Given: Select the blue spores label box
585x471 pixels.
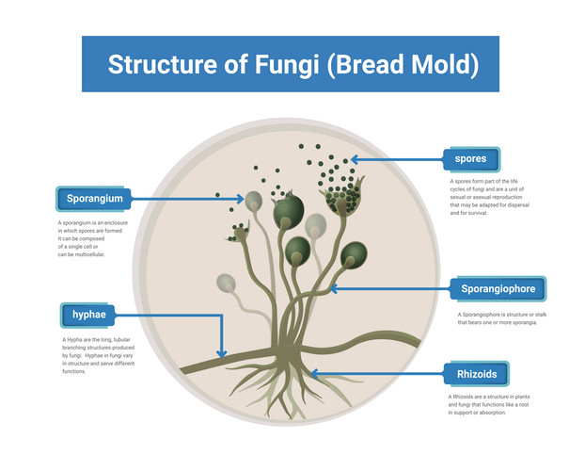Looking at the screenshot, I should pyautogui.click(x=470, y=159).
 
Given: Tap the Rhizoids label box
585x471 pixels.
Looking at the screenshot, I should pyautogui.click(x=476, y=374).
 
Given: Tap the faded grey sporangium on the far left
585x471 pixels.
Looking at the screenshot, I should pyautogui.click(x=226, y=283).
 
